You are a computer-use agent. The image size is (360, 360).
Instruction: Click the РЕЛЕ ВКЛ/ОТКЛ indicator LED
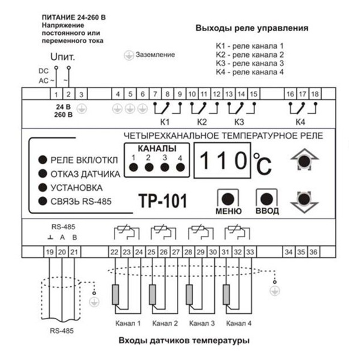coord(43,160)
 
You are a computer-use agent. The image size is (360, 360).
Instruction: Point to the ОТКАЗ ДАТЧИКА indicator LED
coord(43,173)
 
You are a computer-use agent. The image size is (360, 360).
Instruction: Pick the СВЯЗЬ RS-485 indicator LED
coord(43,200)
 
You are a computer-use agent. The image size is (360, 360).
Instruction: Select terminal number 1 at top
coord(56,94)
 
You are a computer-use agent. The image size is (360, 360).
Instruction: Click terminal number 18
coord(315,94)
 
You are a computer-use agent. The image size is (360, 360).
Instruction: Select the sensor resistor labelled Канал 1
coord(115,294)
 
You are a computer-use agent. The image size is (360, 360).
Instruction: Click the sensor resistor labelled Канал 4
coord(227,294)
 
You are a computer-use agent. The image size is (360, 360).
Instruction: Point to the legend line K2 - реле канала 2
coord(249,54)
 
